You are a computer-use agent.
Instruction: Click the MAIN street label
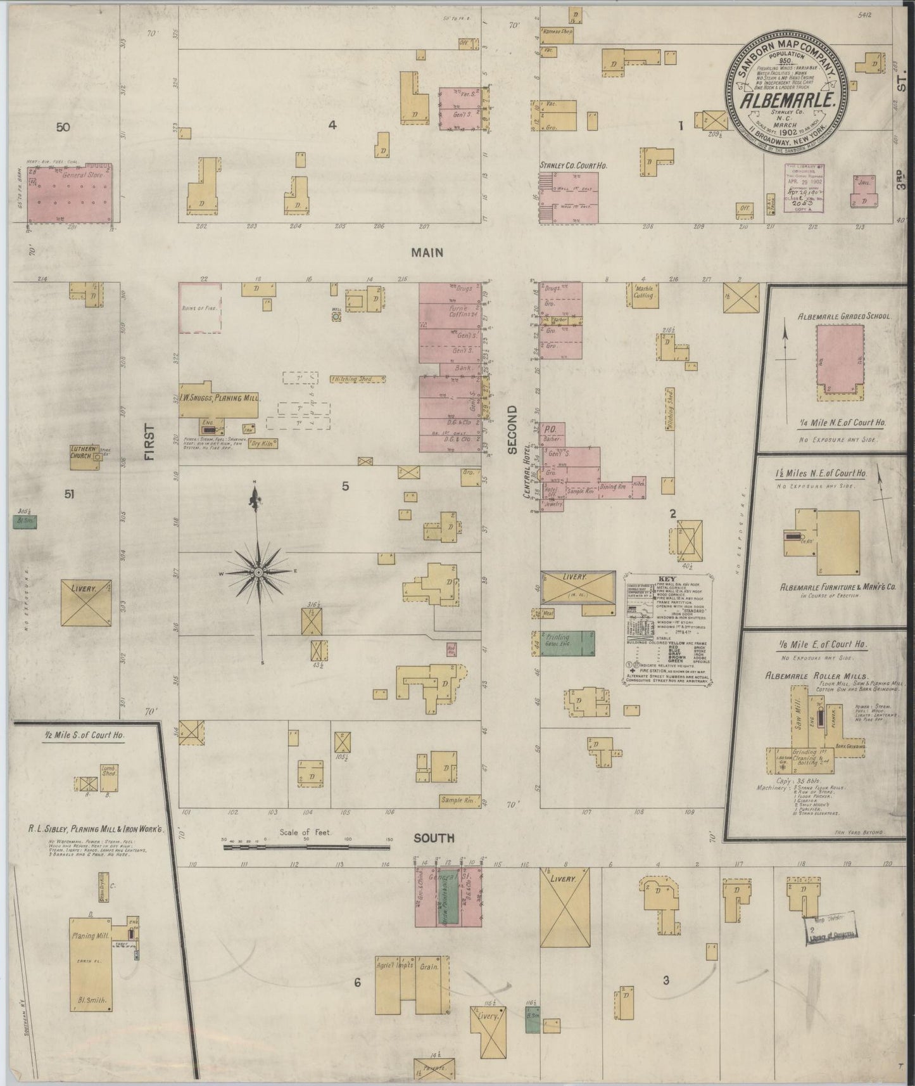click(x=427, y=253)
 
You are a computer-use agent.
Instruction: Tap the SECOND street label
click(x=512, y=430)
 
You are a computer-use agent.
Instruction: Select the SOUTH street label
click(x=434, y=838)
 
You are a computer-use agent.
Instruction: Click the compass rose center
click(x=258, y=572)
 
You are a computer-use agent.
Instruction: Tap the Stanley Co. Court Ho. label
click(x=573, y=165)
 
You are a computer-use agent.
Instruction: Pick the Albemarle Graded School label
click(x=835, y=316)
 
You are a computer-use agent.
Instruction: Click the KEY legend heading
click(x=668, y=579)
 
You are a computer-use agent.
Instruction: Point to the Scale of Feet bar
click(x=306, y=845)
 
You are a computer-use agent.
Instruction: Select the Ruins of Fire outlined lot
click(x=200, y=307)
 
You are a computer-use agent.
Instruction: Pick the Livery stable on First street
click(x=86, y=603)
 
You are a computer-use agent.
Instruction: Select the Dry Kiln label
click(x=263, y=444)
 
